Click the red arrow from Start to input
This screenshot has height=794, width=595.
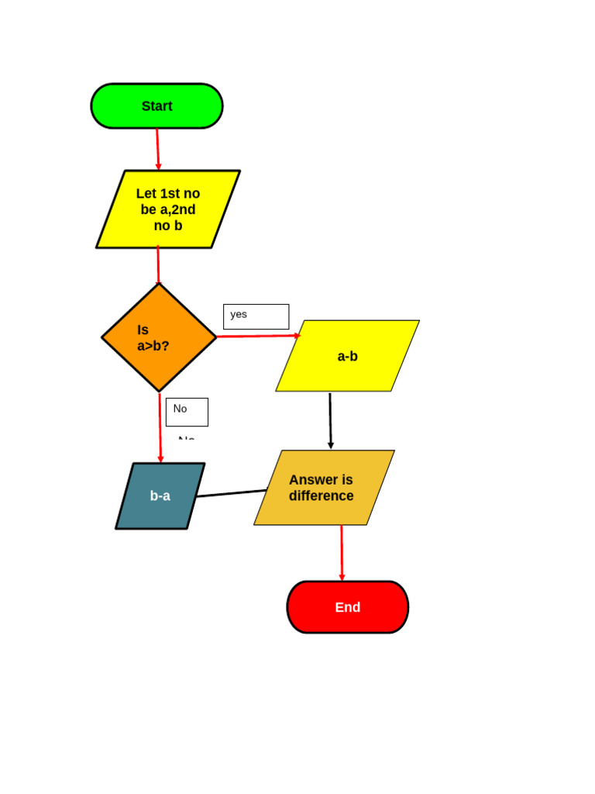point(158,149)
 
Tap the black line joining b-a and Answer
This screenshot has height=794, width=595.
point(232,493)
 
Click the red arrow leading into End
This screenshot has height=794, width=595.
point(342,552)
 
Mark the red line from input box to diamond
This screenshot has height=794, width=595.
point(158,265)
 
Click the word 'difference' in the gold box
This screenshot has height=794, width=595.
point(321,496)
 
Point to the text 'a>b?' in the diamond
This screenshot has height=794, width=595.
point(153,346)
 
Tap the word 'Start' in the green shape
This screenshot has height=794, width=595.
point(156,106)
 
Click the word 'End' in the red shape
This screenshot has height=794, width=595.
point(347,607)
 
